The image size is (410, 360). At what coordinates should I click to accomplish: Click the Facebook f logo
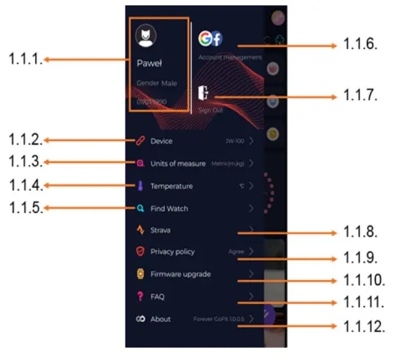216,39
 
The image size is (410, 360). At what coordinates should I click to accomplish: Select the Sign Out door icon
204,93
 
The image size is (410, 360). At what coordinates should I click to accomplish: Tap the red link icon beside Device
141,141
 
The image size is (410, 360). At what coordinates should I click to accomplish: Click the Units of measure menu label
178,163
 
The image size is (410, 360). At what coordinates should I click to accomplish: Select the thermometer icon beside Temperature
141,186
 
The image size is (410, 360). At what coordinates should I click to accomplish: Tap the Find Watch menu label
169,208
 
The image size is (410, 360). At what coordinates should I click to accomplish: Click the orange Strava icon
141,230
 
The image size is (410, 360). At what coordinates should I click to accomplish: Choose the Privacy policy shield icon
141,252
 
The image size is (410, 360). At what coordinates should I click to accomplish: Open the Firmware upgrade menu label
180,274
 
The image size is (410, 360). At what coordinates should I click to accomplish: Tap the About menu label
161,319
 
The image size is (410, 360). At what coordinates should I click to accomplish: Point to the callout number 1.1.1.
25,60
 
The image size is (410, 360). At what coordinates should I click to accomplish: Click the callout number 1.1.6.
360,44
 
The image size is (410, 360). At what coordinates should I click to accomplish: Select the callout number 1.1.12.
364,327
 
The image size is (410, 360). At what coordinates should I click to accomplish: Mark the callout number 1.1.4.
25,185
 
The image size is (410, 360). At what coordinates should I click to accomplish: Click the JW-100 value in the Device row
235,142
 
